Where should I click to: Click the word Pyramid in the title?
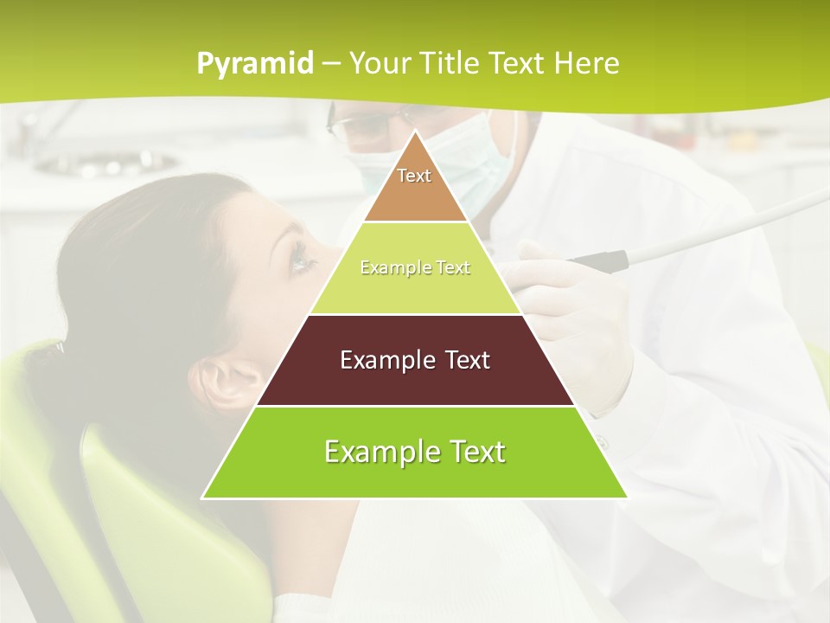coord(255,64)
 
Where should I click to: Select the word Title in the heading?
coord(475,63)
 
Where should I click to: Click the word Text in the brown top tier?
coord(414,176)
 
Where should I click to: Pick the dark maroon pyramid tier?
coord(415,381)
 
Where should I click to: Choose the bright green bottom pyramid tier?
coord(415,476)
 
